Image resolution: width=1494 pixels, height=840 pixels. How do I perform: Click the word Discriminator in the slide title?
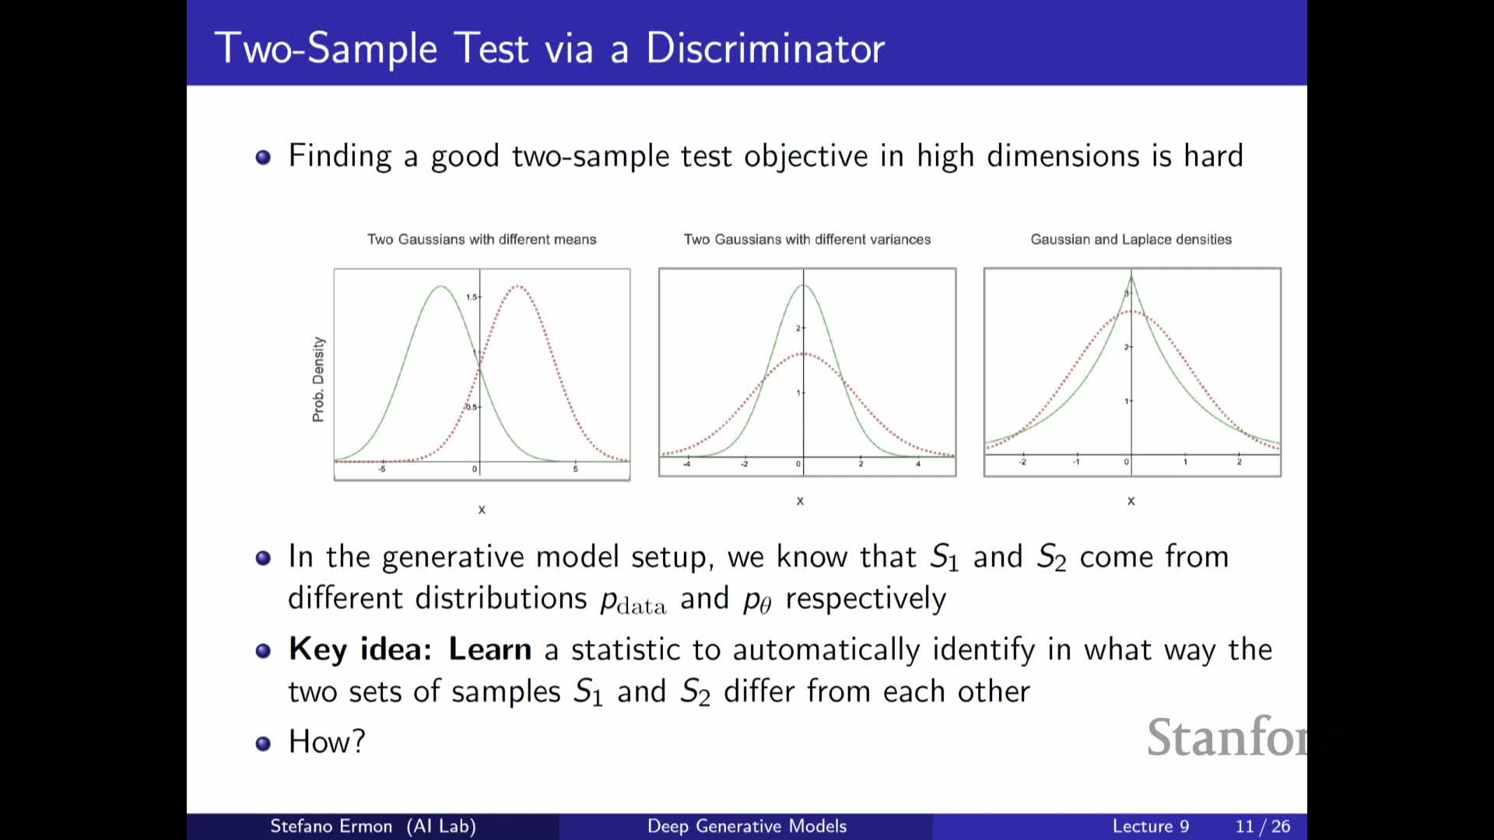(x=765, y=48)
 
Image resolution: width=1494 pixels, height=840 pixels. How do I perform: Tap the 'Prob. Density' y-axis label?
(x=318, y=380)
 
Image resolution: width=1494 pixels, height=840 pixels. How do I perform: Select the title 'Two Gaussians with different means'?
(x=482, y=240)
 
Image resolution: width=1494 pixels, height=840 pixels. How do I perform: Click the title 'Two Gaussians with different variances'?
(x=807, y=240)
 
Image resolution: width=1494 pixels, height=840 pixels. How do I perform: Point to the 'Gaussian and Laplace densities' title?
(x=1131, y=240)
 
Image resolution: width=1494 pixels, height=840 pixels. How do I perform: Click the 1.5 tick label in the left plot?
(x=471, y=297)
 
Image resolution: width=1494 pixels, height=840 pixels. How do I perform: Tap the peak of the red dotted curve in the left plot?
(x=517, y=287)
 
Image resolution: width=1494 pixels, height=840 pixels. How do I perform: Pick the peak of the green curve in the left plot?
(x=441, y=286)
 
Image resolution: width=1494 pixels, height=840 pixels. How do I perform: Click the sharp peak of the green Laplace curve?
(x=1131, y=275)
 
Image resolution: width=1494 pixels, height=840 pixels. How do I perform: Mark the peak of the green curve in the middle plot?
(x=803, y=285)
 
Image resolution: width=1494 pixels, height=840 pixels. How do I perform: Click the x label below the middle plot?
(x=800, y=501)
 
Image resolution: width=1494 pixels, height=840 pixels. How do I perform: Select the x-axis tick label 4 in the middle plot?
(x=918, y=464)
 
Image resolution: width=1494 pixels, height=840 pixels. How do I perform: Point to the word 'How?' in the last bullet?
(x=327, y=741)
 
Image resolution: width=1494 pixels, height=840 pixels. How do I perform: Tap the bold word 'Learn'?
(x=490, y=649)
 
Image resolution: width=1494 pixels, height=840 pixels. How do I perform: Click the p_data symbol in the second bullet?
(x=633, y=600)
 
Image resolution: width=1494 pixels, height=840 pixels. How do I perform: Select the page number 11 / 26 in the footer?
(x=1262, y=826)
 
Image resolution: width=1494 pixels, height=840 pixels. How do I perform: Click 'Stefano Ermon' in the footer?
(x=331, y=826)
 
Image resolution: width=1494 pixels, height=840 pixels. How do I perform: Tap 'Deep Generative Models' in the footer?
(x=747, y=826)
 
